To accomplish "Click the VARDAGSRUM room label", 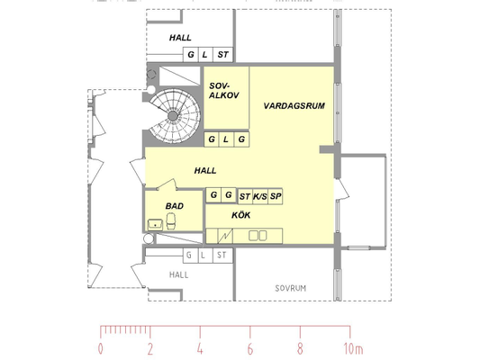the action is point(294,106).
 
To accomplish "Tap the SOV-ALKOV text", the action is point(223,91).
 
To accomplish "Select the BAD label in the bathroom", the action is point(175,206).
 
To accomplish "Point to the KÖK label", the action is point(241,215).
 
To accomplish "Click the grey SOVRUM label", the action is point(290,288).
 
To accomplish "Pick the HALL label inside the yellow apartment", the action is point(205,171).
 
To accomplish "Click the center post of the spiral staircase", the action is point(173,116).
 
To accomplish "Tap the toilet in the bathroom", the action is point(171,220).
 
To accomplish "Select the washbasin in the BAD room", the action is point(156,224).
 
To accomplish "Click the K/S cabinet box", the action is point(260,196).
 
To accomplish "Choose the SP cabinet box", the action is point(275,196).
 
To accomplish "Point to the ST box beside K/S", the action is point(245,196).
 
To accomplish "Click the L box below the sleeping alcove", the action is point(226,139).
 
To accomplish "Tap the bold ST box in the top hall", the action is point(222,55).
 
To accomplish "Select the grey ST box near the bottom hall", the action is point(222,255).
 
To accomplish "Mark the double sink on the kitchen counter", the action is point(258,236).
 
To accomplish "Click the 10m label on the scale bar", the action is point(353,348).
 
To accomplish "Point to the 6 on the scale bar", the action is point(250,349).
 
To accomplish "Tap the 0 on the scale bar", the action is point(100,349).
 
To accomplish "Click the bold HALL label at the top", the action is point(180,38).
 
